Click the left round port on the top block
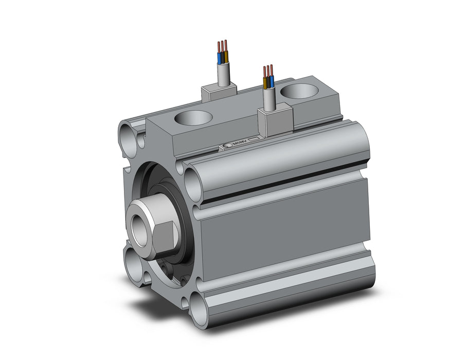[x=193, y=118]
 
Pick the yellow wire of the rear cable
[x=226, y=58]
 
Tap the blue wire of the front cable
[x=272, y=81]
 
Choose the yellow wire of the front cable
[x=265, y=83]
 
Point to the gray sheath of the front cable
[x=269, y=100]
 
